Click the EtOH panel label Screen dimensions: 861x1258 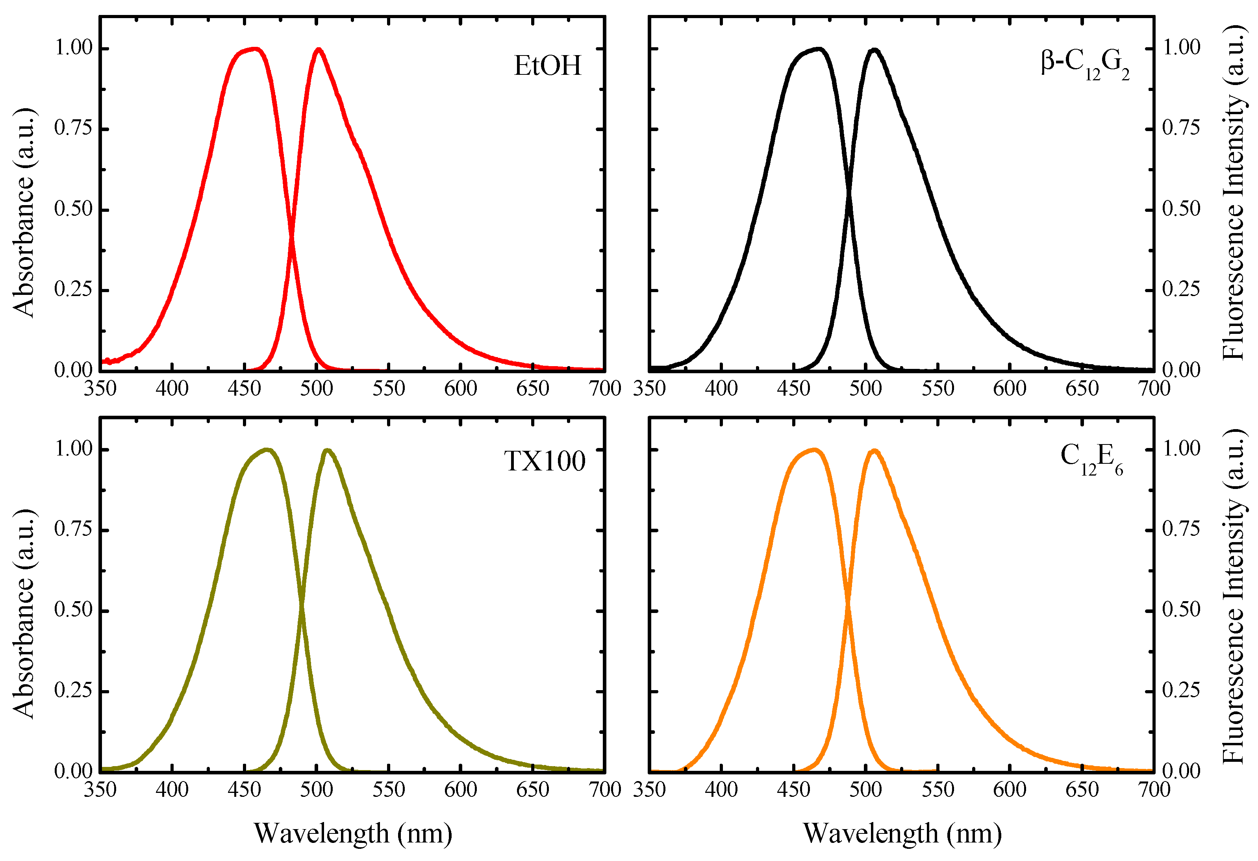tap(547, 66)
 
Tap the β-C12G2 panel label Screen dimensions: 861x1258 tap(1085, 64)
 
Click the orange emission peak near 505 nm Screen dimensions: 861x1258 tap(874, 451)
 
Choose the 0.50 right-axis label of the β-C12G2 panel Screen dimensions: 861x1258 tap(1181, 209)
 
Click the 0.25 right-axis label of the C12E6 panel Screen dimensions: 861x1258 tap(1181, 691)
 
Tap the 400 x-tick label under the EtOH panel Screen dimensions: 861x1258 tap(172, 389)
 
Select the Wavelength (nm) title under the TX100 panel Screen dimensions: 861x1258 tap(353, 833)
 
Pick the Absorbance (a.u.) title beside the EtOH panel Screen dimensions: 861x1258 tap(24, 212)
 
